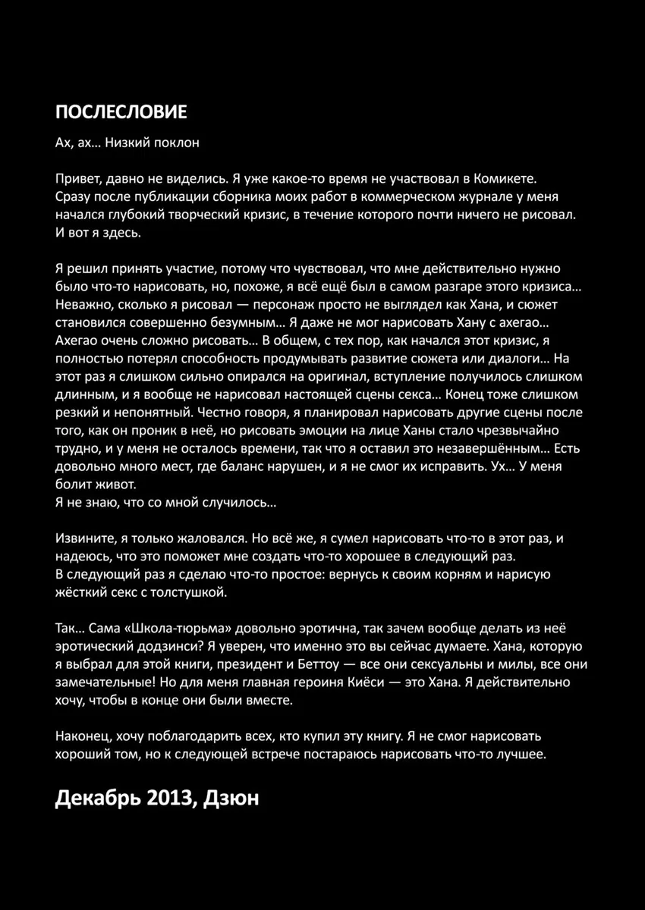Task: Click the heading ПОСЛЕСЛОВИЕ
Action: click(x=121, y=112)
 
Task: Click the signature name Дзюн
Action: click(x=231, y=799)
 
